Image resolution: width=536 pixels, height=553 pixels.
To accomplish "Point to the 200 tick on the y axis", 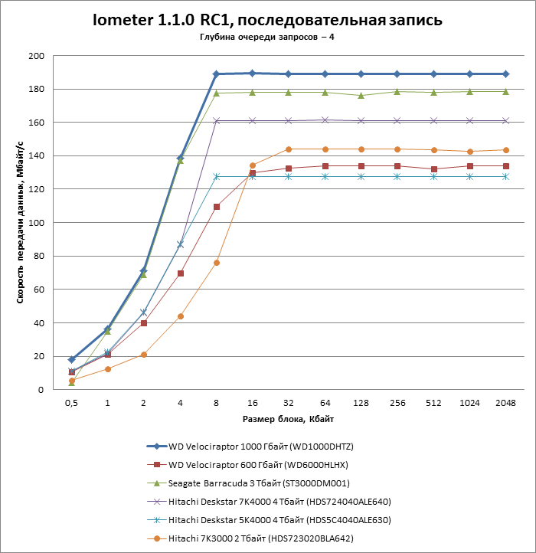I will [37, 56].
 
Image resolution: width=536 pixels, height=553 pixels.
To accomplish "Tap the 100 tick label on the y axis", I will [37, 223].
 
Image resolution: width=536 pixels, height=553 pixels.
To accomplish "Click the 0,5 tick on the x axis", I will [71, 403].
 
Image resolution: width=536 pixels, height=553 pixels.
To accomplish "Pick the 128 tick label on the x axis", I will [360, 403].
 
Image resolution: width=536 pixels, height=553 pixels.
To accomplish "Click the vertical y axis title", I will [19, 222].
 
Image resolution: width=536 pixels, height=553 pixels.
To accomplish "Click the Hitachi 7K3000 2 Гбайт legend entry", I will [260, 539].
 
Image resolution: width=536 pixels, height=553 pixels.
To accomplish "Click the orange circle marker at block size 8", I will [217, 263].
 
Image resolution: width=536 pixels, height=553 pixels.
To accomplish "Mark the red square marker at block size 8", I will [217, 207].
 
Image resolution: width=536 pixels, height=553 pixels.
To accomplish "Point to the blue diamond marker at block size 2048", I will [505, 74].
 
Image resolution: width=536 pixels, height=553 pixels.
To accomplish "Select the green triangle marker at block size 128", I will [361, 95].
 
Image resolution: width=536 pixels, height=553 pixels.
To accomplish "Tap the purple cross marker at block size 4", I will [180, 244].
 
